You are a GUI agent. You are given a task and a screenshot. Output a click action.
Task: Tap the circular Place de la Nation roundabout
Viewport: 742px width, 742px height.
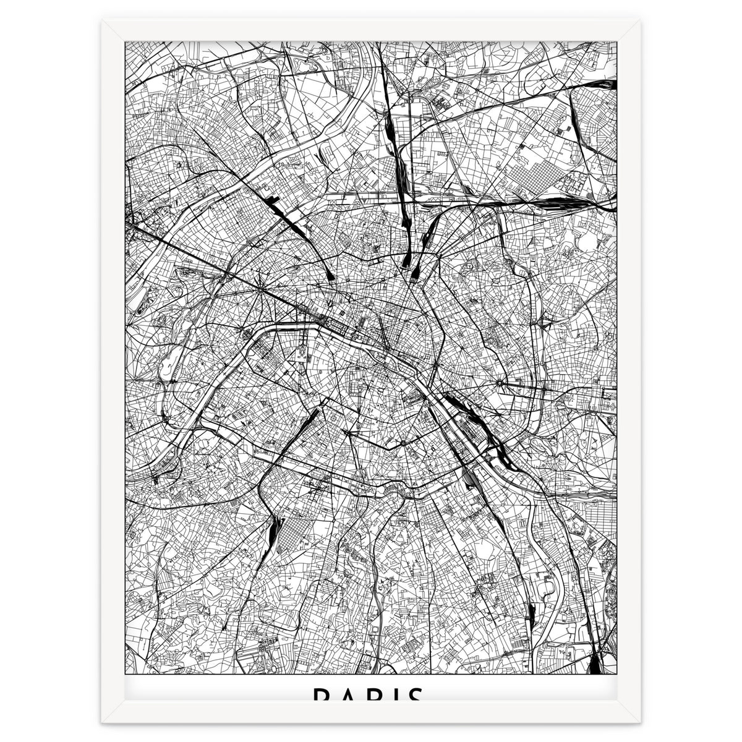[x=499, y=383]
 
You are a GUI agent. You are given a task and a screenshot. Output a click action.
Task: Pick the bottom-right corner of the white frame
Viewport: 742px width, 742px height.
[x=640, y=720]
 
